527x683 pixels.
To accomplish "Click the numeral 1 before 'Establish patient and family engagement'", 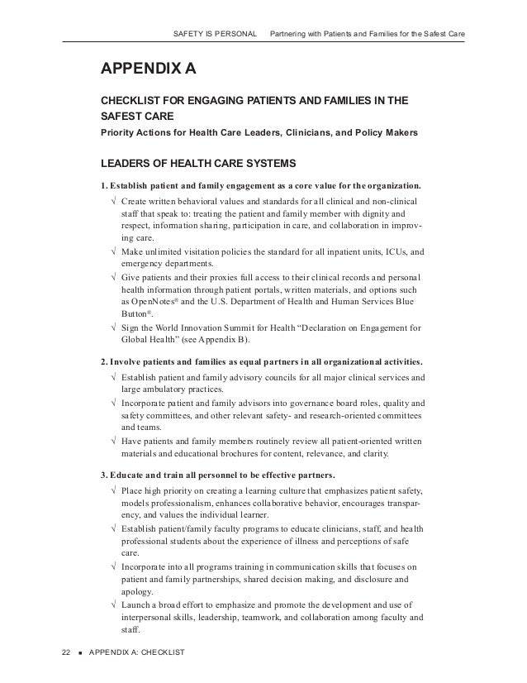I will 102,184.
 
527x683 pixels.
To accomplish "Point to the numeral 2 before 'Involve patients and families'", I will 102,362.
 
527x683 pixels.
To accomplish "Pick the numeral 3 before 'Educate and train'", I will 102,475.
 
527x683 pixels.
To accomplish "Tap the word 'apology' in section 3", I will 139,592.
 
